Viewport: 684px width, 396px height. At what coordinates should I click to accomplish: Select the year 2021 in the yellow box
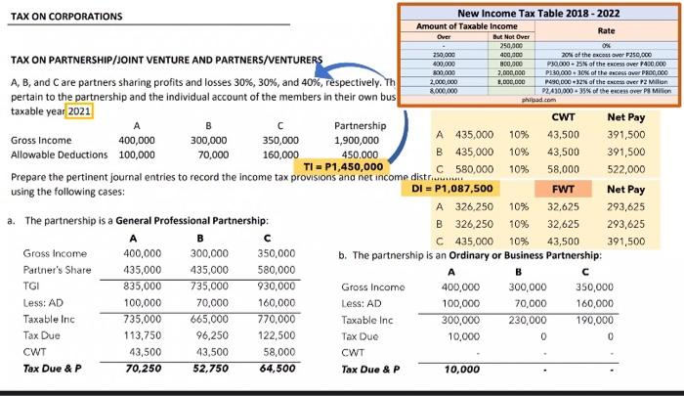[79, 110]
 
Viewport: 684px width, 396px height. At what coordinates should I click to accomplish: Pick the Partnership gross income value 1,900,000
[357, 140]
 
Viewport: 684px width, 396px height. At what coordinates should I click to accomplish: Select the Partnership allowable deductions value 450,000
[361, 154]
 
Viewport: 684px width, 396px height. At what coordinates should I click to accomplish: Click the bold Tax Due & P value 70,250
[143, 369]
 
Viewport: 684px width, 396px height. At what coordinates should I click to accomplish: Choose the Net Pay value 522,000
[625, 169]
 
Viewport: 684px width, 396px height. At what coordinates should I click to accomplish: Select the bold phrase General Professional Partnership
[201, 222]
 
